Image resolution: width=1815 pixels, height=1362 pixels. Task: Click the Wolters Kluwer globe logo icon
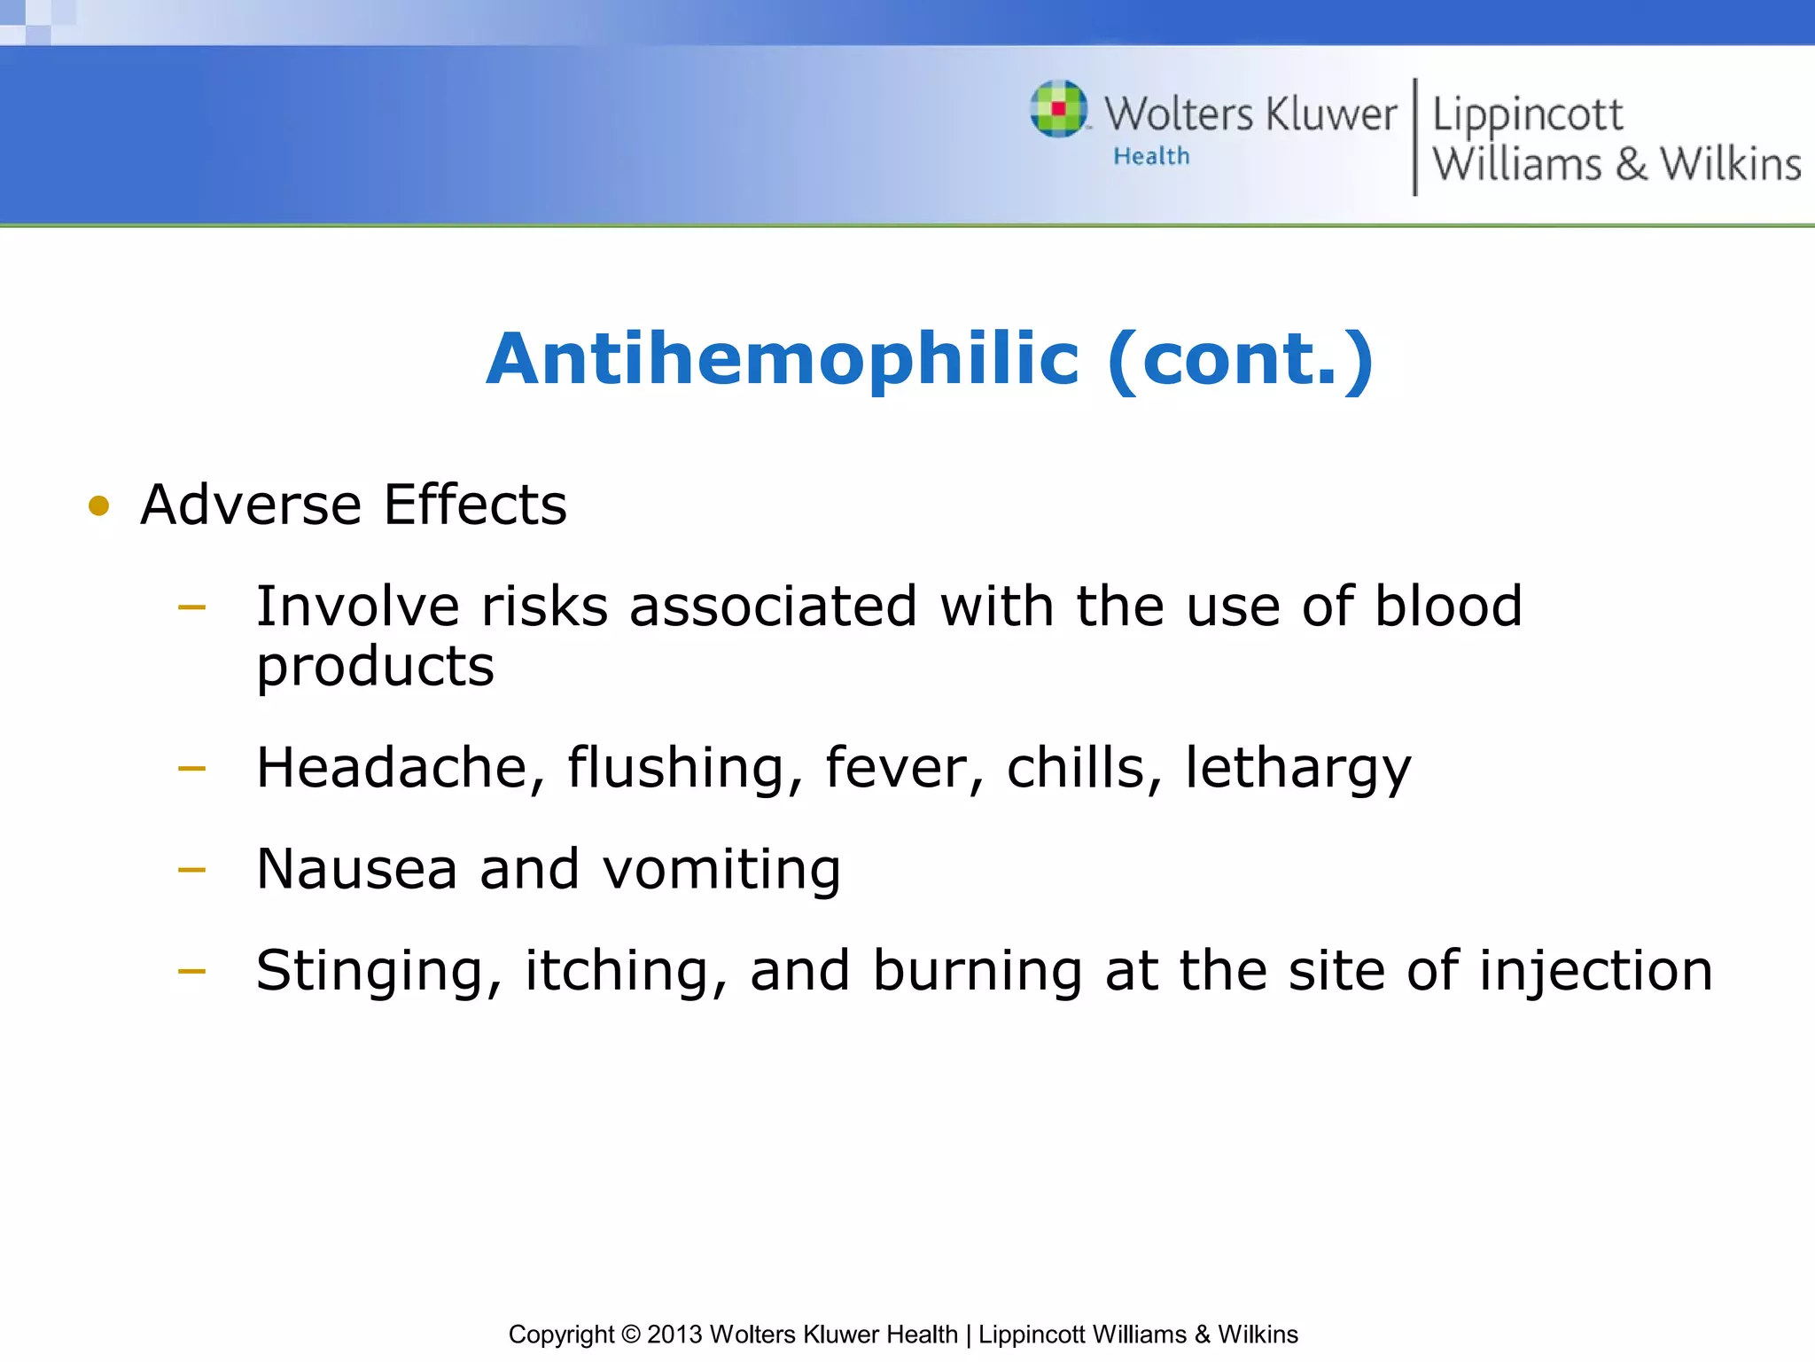pyautogui.click(x=1058, y=109)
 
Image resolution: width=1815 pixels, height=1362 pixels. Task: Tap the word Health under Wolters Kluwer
pyautogui.click(x=1151, y=156)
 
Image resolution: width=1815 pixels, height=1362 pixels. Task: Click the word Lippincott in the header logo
pyautogui.click(x=1527, y=115)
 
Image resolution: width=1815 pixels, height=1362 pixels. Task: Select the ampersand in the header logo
pyautogui.click(x=1631, y=165)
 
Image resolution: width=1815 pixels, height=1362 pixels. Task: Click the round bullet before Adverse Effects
pyautogui.click(x=98, y=506)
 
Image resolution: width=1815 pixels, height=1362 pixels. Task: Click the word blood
pyautogui.click(x=1448, y=607)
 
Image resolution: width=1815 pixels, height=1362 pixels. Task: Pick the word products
pyautogui.click(x=375, y=667)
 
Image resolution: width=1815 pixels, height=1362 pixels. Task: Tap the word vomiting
pyautogui.click(x=721, y=871)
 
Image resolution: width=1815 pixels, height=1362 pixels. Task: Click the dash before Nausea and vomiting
pyautogui.click(x=191, y=870)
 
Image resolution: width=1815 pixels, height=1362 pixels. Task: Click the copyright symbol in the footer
pyautogui.click(x=630, y=1335)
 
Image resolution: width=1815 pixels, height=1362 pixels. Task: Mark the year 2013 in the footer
pyautogui.click(x=674, y=1335)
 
